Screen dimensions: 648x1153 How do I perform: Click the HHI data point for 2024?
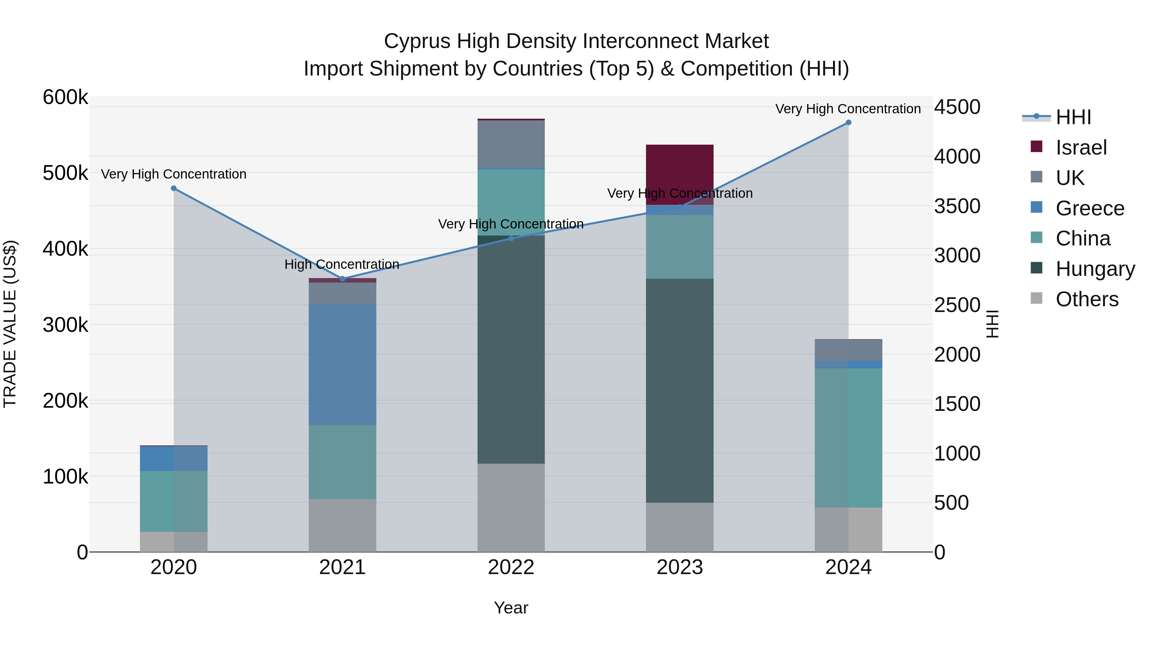(x=848, y=123)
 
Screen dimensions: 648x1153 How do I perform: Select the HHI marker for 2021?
(x=342, y=279)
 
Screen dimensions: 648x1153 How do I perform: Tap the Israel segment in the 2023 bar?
(x=679, y=174)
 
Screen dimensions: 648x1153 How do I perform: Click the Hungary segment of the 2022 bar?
(x=511, y=349)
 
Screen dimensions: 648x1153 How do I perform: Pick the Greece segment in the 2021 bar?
(x=342, y=364)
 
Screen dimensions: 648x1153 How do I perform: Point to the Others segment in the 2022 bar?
(x=511, y=508)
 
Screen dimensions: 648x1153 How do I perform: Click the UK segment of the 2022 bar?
(x=511, y=144)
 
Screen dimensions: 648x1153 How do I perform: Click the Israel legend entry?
(x=1081, y=148)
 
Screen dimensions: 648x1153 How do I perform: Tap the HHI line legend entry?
(x=1073, y=117)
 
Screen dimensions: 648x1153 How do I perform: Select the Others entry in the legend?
(x=1087, y=299)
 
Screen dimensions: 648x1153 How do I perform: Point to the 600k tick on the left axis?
(x=65, y=97)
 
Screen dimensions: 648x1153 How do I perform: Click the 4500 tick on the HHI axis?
(x=957, y=107)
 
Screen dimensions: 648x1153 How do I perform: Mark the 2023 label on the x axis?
(x=679, y=567)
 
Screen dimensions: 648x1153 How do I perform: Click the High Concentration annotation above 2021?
(x=341, y=264)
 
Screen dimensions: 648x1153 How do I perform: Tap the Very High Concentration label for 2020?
(x=174, y=174)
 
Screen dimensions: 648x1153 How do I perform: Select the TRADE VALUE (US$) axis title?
(x=10, y=324)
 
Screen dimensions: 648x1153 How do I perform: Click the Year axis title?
(x=511, y=608)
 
